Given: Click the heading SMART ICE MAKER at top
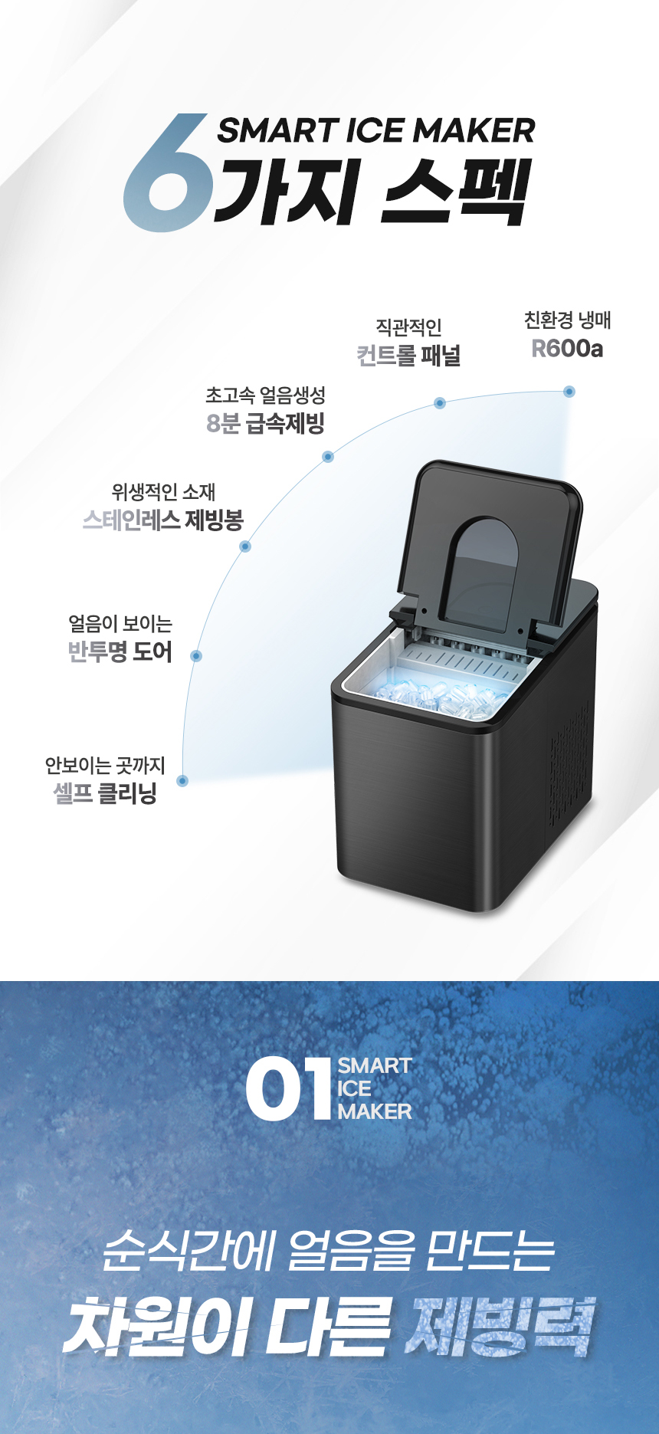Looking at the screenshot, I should coord(375,130).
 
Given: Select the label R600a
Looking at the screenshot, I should coord(567,349).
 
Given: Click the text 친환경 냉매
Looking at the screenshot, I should coord(567,320).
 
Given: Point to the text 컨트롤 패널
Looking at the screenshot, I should coord(408,356).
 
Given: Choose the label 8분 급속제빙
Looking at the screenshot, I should coord(266,423).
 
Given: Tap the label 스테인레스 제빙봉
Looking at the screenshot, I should coord(162,520).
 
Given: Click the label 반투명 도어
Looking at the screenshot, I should coord(120,651).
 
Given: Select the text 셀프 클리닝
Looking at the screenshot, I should coord(105,792).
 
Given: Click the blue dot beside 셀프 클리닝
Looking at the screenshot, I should coord(182,781).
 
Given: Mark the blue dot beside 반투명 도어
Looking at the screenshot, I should coord(196,656).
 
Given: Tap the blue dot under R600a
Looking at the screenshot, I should coord(569,392).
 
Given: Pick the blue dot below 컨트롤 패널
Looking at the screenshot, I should coord(440,403).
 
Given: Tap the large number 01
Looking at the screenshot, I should coord(288,1089).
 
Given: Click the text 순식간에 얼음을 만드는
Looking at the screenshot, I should coord(329,1250).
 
